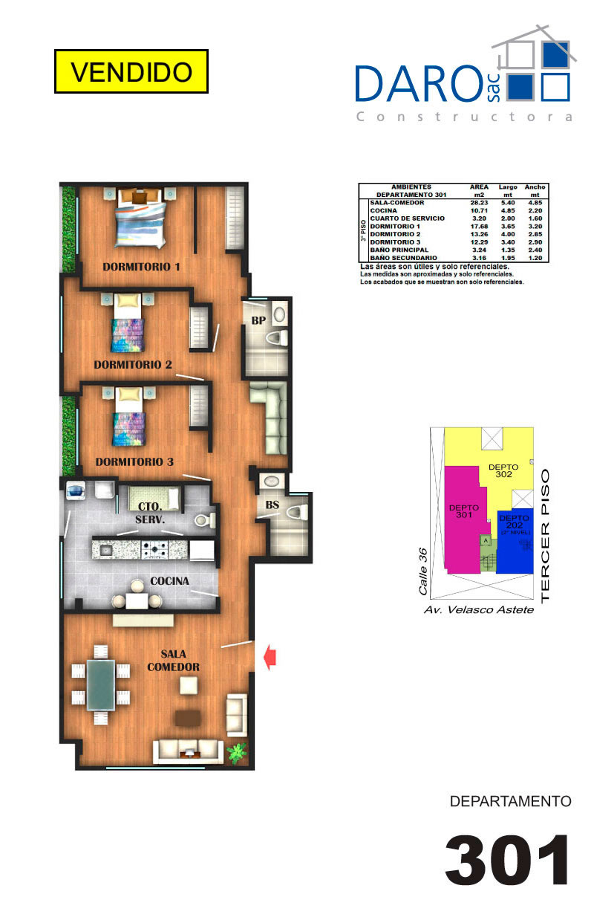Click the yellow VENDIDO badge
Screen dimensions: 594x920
[131, 71]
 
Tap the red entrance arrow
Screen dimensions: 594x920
[270, 658]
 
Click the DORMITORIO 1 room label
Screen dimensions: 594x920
[142, 267]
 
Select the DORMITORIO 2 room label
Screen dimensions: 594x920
[133, 365]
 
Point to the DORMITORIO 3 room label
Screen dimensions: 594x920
[134, 462]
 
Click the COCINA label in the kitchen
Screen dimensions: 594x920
[169, 581]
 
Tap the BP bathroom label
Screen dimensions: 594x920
[258, 320]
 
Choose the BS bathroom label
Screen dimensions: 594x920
[272, 505]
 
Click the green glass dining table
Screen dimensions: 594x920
[100, 685]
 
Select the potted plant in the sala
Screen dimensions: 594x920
[237, 753]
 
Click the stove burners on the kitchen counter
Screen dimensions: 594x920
[154, 549]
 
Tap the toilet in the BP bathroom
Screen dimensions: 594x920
[278, 338]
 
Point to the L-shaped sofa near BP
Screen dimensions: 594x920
[270, 417]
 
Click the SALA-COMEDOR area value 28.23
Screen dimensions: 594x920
[479, 203]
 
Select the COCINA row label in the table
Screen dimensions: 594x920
[383, 211]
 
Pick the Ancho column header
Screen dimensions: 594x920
[535, 187]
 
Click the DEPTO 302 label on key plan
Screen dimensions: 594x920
[503, 470]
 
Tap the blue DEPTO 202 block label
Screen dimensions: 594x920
[515, 522]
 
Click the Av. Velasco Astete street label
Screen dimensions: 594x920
[479, 610]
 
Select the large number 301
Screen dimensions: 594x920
[507, 860]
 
